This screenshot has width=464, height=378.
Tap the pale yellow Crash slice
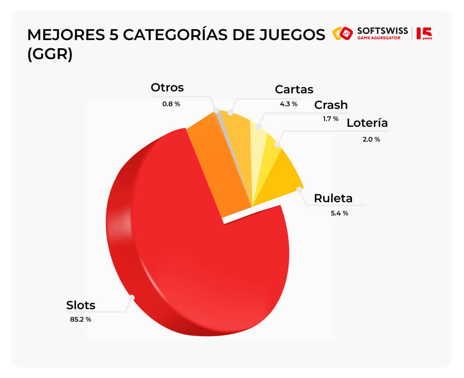click(x=259, y=144)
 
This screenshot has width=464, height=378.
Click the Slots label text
click(x=81, y=305)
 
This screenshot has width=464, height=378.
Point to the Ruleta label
click(x=333, y=198)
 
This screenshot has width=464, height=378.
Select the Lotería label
click(x=367, y=123)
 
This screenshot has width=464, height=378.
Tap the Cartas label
click(x=294, y=89)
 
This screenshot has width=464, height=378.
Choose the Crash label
click(x=330, y=105)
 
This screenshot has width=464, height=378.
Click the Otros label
click(x=167, y=87)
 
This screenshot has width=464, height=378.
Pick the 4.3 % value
click(x=288, y=104)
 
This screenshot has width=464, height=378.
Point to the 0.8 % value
click(x=171, y=104)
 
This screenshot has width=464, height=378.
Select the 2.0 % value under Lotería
click(x=371, y=139)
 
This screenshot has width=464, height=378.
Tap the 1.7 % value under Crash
click(x=330, y=119)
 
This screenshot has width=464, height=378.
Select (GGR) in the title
click(x=49, y=54)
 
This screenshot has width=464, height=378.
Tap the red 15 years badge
click(x=424, y=33)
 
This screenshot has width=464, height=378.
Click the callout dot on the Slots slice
click(x=132, y=297)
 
